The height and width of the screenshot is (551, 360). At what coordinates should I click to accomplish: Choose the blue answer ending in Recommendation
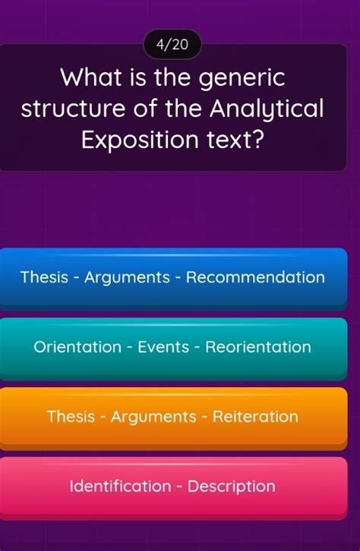pyautogui.click(x=172, y=277)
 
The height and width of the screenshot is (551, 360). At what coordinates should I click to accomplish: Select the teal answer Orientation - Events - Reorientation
pyautogui.click(x=172, y=347)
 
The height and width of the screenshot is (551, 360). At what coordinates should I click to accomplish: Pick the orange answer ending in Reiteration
pyautogui.click(x=172, y=417)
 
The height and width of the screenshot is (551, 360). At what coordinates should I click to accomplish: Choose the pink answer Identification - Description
pyautogui.click(x=172, y=486)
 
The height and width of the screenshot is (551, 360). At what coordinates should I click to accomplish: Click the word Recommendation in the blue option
pyautogui.click(x=255, y=277)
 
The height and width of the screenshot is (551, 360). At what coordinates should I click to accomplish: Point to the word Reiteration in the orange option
pyautogui.click(x=255, y=417)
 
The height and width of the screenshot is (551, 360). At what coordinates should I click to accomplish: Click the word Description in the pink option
pyautogui.click(x=232, y=486)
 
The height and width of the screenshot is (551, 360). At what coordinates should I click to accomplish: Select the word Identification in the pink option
pyautogui.click(x=120, y=486)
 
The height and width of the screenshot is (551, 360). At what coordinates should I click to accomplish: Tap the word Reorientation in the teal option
pyautogui.click(x=258, y=347)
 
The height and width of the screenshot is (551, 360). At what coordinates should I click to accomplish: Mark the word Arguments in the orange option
pyautogui.click(x=153, y=417)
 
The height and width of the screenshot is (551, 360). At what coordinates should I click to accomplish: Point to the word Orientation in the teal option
pyautogui.click(x=77, y=347)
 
